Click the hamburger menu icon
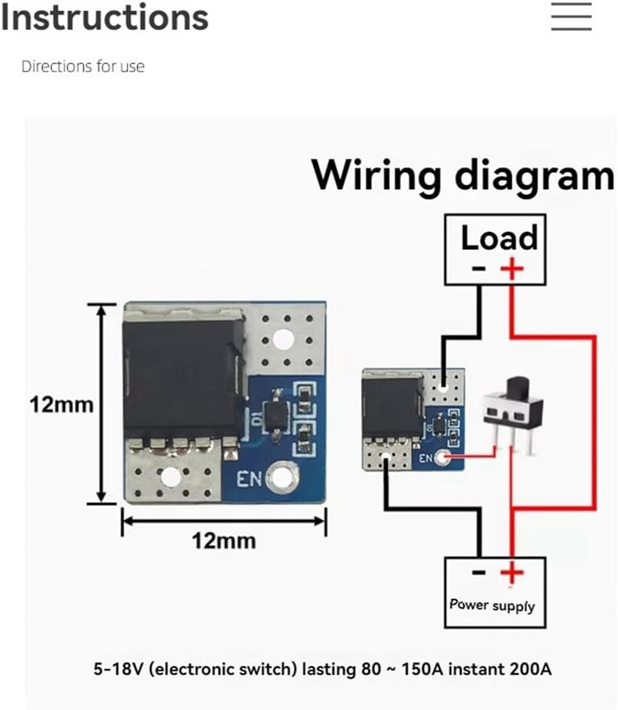[571, 16]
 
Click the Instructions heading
[104, 17]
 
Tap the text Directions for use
[83, 66]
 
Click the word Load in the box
[499, 238]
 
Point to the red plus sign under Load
[511, 267]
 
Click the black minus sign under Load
[478, 267]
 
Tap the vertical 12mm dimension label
[61, 404]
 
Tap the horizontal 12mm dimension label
[223, 541]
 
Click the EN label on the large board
[247, 478]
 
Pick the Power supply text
[492, 604]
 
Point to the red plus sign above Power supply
[511, 572]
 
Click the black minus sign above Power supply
[478, 572]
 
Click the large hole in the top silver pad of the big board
[281, 339]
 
